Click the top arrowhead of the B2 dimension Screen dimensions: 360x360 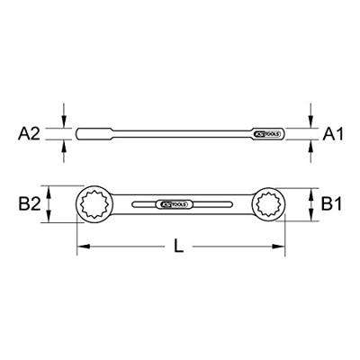pyautogui.click(x=62, y=187)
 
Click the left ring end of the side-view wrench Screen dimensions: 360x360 pyautogui.click(x=85, y=134)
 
